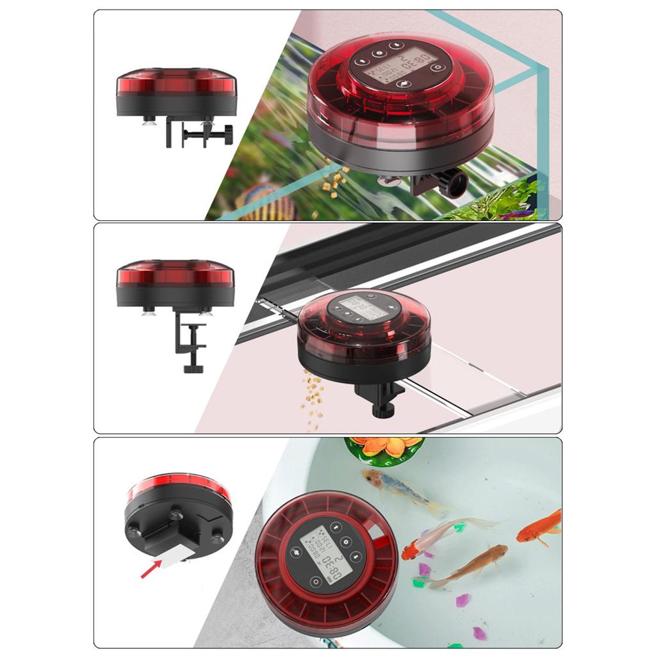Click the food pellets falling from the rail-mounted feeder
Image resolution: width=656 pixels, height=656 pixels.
(x=312, y=397)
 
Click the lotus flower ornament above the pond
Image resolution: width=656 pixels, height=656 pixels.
(x=384, y=447)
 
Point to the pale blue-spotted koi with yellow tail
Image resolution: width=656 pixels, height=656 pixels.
(x=402, y=490)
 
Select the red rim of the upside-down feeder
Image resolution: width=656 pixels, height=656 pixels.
(x=178, y=486)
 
